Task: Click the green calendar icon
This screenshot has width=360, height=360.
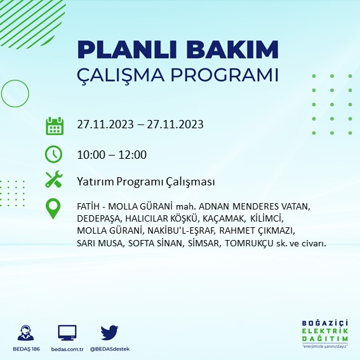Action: pos(54,125)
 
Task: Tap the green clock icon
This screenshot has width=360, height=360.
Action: pos(54,154)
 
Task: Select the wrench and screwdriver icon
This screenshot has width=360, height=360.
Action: pos(54,180)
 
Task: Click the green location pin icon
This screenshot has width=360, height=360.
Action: pos(54,209)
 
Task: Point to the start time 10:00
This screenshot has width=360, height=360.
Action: pos(90,154)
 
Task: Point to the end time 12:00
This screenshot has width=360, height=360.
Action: pos(133,154)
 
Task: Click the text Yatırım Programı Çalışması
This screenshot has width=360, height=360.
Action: pos(145,182)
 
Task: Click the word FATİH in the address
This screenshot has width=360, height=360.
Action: pos(87,207)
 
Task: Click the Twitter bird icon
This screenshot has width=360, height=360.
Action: pos(110,332)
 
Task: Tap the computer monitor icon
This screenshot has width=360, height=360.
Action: pos(67,332)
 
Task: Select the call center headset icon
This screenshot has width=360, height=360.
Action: pos(27,333)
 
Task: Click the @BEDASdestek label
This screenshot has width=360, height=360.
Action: pos(110,350)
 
